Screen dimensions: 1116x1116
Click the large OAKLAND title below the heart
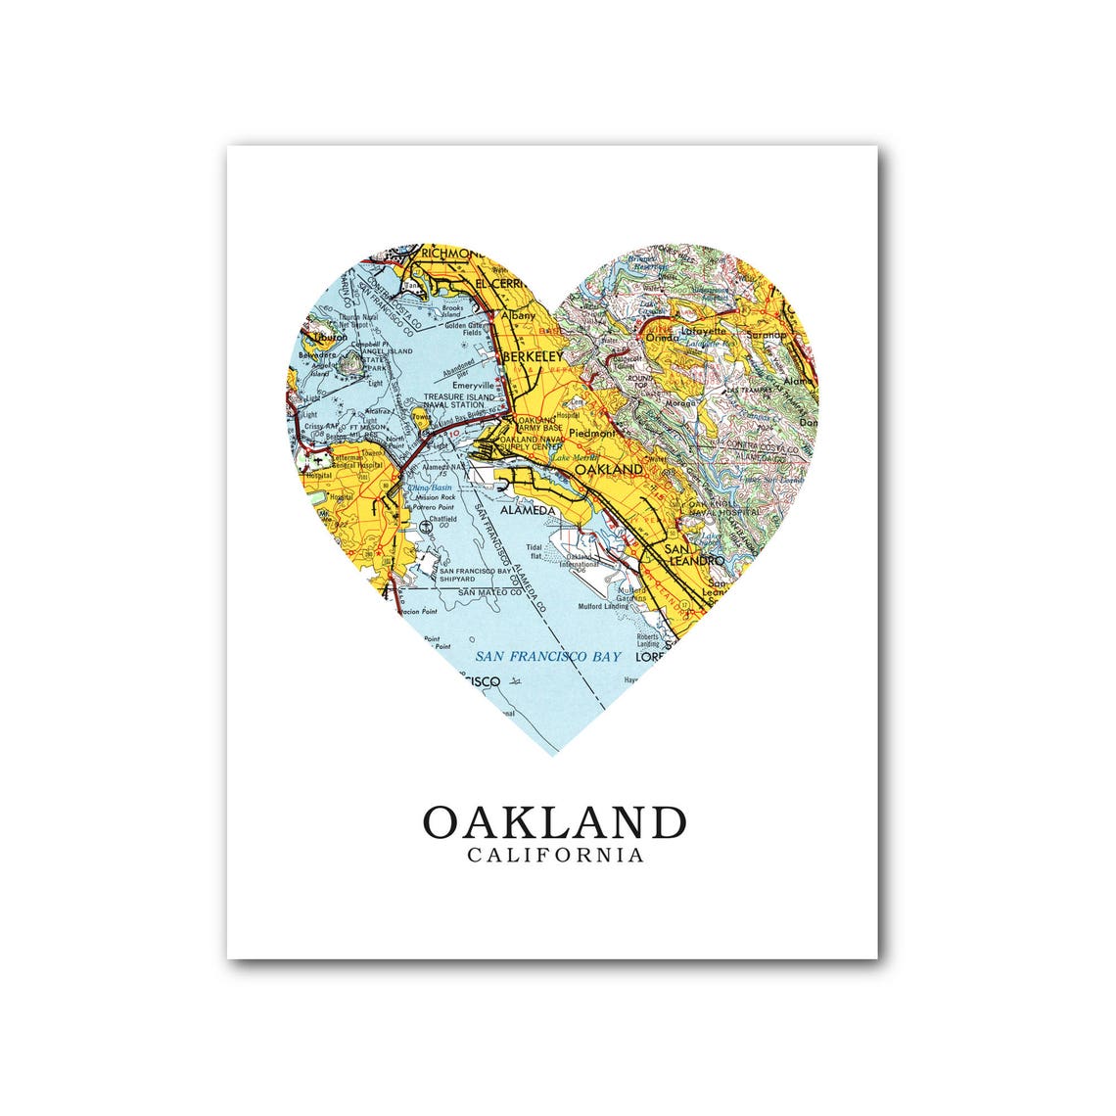point(554,822)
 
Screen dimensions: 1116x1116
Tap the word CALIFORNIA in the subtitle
point(555,856)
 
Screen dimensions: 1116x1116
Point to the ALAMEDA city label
point(528,511)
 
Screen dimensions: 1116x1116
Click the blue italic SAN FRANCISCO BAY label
point(547,656)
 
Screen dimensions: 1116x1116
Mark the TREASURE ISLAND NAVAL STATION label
point(453,400)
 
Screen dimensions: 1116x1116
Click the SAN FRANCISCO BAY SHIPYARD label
point(476,575)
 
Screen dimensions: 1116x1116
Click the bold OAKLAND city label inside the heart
point(608,470)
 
